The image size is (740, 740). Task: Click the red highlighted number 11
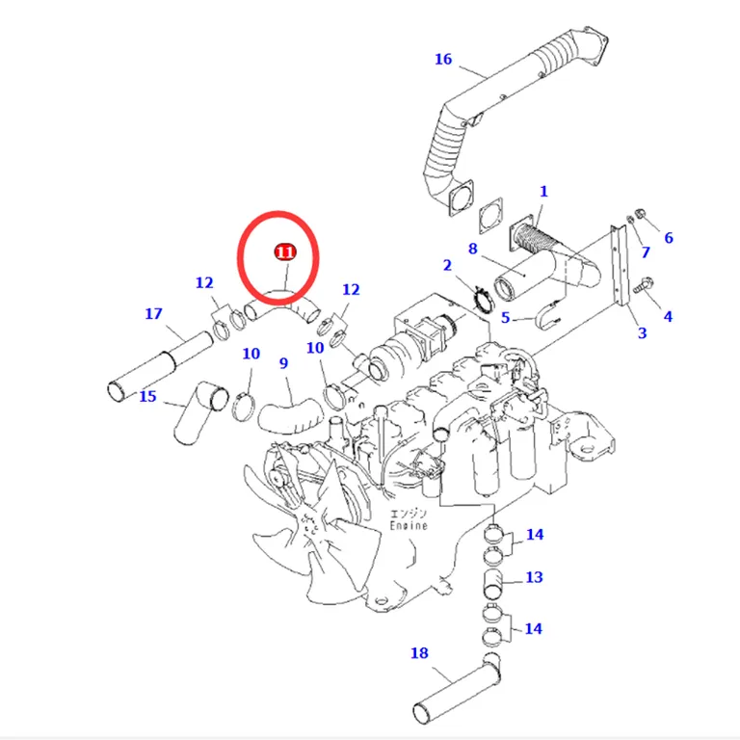point(285,252)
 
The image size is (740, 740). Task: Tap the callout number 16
point(443,59)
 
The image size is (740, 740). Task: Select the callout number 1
point(543,191)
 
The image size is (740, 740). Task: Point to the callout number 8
point(472,249)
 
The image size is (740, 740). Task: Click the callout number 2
point(447,265)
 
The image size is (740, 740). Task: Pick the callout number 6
point(669,237)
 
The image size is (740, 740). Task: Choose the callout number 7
point(646,252)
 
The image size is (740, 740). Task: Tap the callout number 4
point(668,316)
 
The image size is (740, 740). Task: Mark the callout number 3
point(642,332)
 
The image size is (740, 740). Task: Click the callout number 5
point(506,318)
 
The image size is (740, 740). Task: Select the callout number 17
point(153,313)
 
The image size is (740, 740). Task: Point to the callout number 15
point(147,396)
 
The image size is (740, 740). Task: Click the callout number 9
point(283,363)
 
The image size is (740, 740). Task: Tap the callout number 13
point(534,577)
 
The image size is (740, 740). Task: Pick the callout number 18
point(419,652)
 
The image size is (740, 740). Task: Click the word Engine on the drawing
point(409,525)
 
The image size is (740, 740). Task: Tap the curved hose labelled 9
point(289,416)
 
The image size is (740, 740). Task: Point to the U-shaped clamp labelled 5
point(547,314)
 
